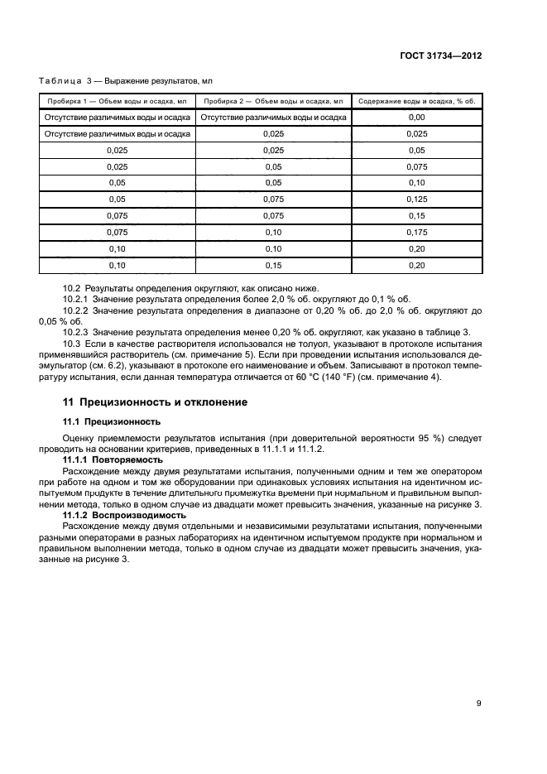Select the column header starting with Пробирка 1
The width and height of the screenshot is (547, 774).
click(x=116, y=100)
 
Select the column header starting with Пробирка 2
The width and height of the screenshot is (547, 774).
click(x=272, y=100)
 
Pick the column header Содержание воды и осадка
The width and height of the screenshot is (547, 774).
click(x=416, y=100)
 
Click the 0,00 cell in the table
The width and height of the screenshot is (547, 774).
click(x=416, y=118)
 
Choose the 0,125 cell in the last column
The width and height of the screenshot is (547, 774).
click(x=416, y=199)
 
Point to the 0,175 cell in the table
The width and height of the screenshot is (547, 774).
click(x=416, y=233)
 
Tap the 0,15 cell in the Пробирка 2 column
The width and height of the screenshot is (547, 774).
click(x=272, y=266)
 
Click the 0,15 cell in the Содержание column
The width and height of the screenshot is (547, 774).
click(x=416, y=215)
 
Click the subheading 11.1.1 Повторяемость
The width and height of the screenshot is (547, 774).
click(x=113, y=458)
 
